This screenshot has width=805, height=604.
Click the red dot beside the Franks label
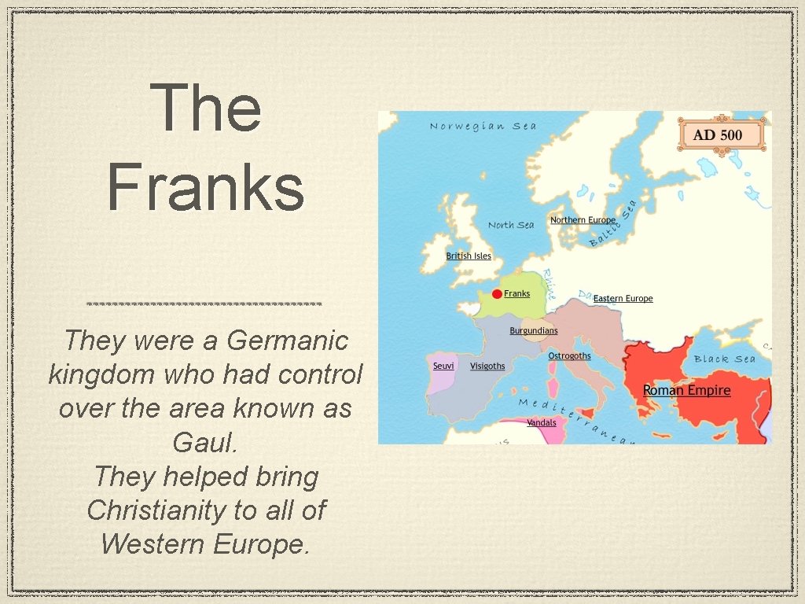pyautogui.click(x=497, y=294)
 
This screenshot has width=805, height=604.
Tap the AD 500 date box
pyautogui.click(x=722, y=134)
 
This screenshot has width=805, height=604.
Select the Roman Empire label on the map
pyautogui.click(x=686, y=390)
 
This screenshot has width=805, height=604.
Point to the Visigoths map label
pyautogui.click(x=487, y=366)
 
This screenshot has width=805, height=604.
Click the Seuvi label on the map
pyautogui.click(x=443, y=366)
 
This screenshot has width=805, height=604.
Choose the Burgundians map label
pyautogui.click(x=534, y=331)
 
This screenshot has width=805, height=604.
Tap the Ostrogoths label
pyautogui.click(x=569, y=356)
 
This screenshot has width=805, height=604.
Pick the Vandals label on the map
pyautogui.click(x=541, y=423)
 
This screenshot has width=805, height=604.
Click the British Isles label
pyautogui.click(x=469, y=256)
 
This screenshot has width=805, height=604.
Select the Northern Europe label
pyautogui.click(x=583, y=220)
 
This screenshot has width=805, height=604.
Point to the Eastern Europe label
pyautogui.click(x=623, y=299)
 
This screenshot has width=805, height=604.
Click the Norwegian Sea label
pyautogui.click(x=483, y=126)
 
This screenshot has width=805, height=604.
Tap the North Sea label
pyautogui.click(x=511, y=225)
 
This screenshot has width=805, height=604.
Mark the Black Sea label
pyautogui.click(x=724, y=359)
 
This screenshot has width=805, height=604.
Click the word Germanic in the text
pyautogui.click(x=287, y=341)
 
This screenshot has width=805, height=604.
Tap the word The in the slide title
pyautogui.click(x=205, y=108)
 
